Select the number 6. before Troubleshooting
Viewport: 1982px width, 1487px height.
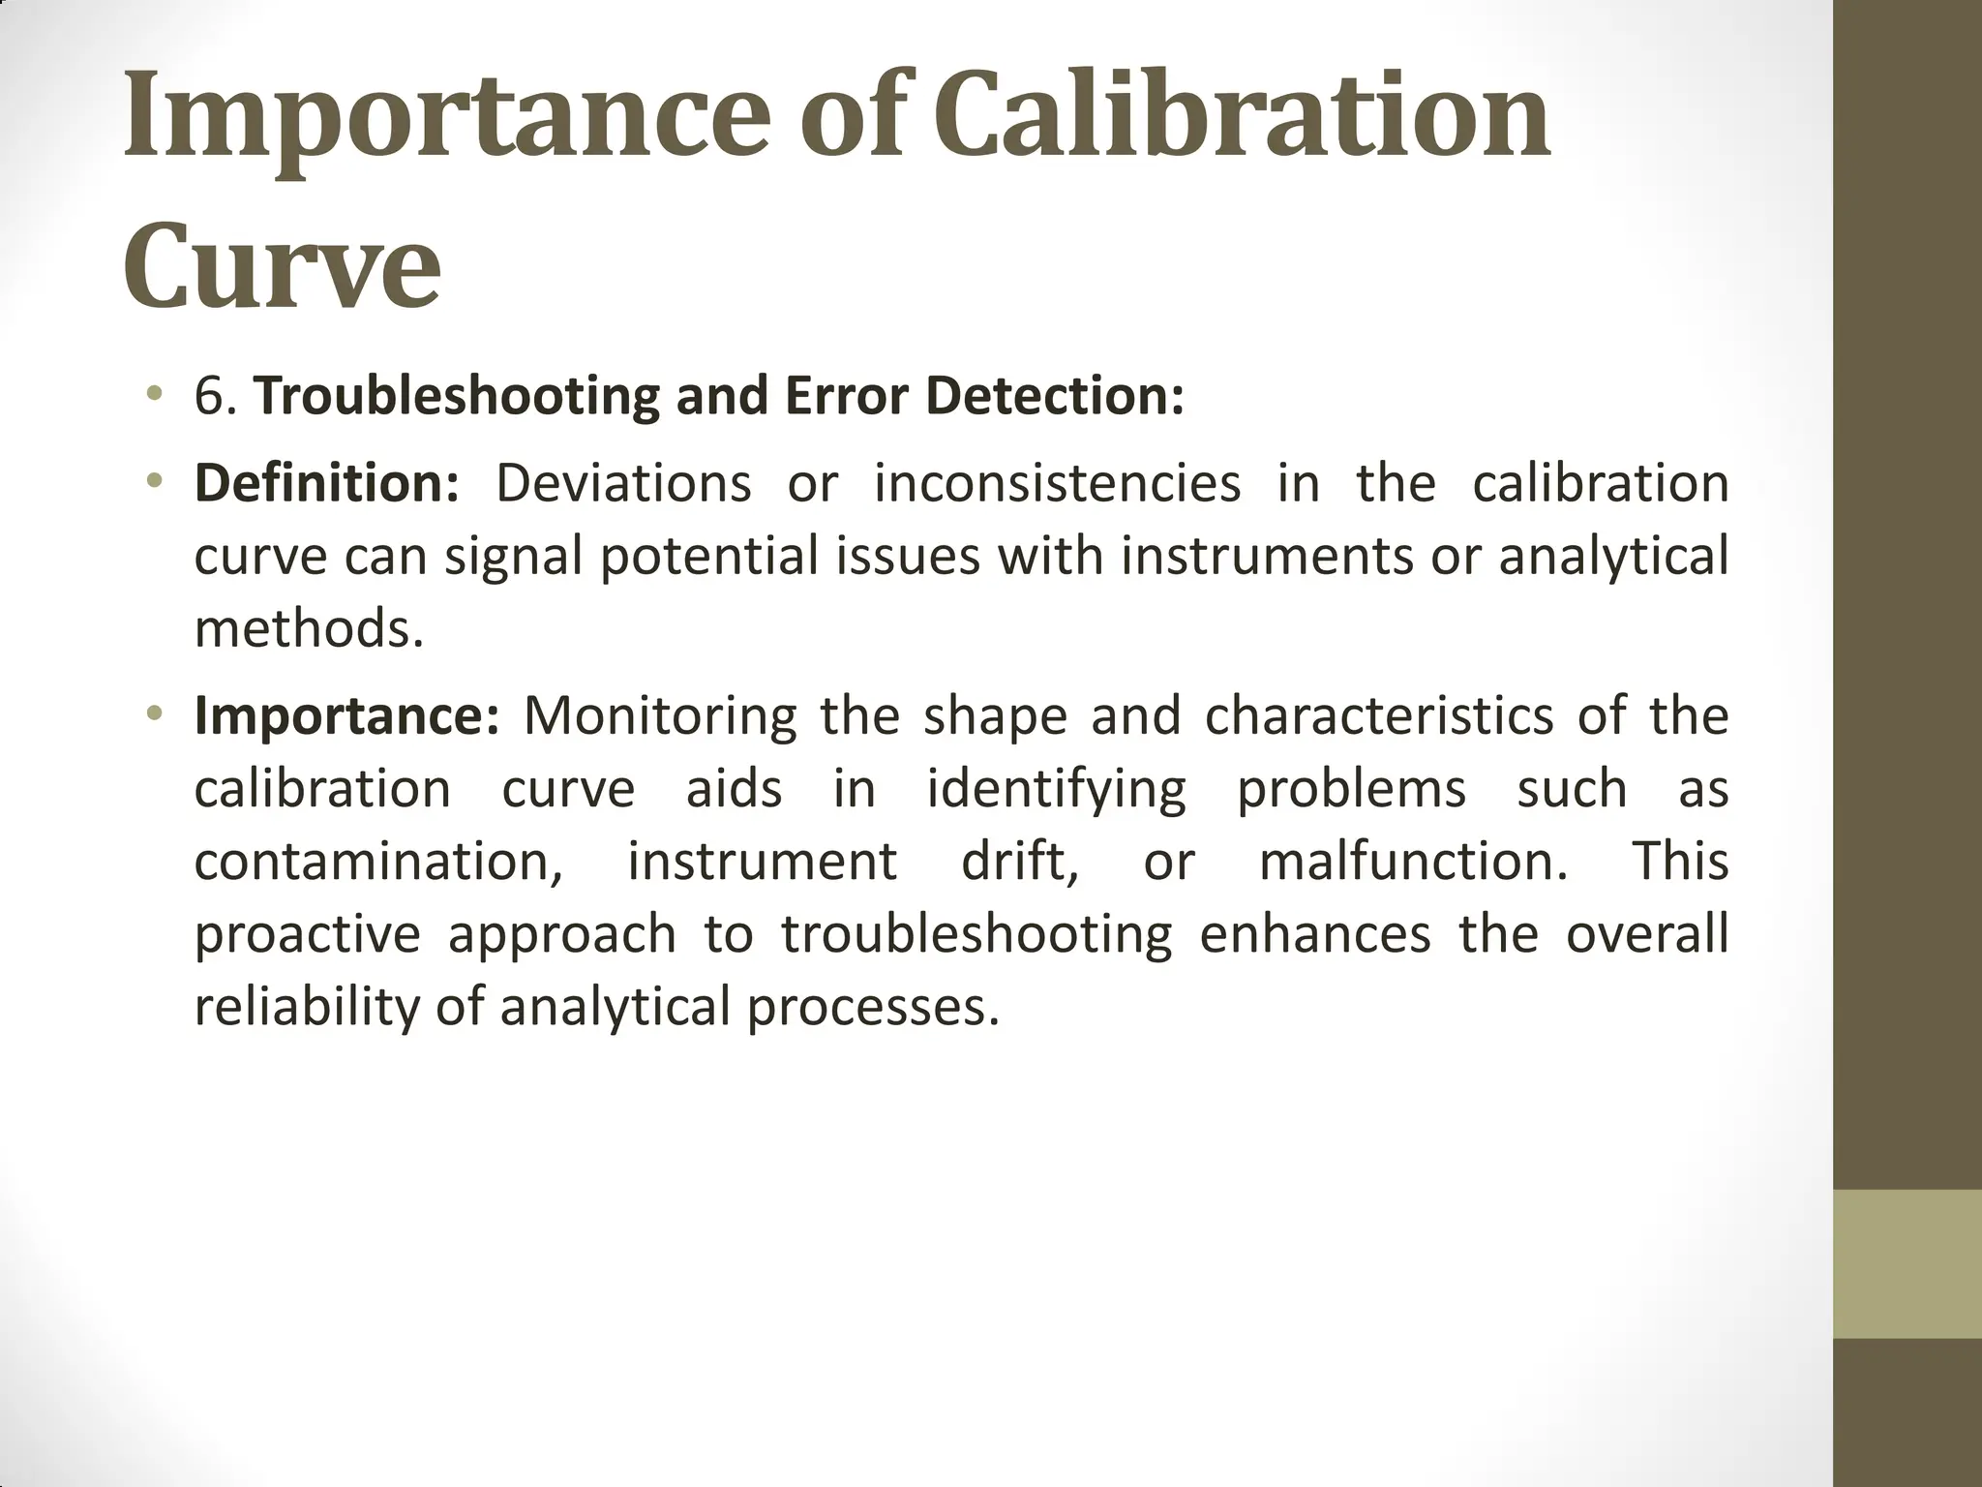(x=216, y=397)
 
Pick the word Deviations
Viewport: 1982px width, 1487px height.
(x=623, y=483)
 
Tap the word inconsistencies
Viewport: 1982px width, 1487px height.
(x=1057, y=483)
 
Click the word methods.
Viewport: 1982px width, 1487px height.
(x=309, y=629)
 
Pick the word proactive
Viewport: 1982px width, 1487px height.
(x=307, y=935)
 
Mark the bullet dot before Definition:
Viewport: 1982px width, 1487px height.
(x=153, y=480)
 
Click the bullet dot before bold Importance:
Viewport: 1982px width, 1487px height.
(x=153, y=713)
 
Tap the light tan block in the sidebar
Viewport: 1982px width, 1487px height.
(x=1907, y=1264)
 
